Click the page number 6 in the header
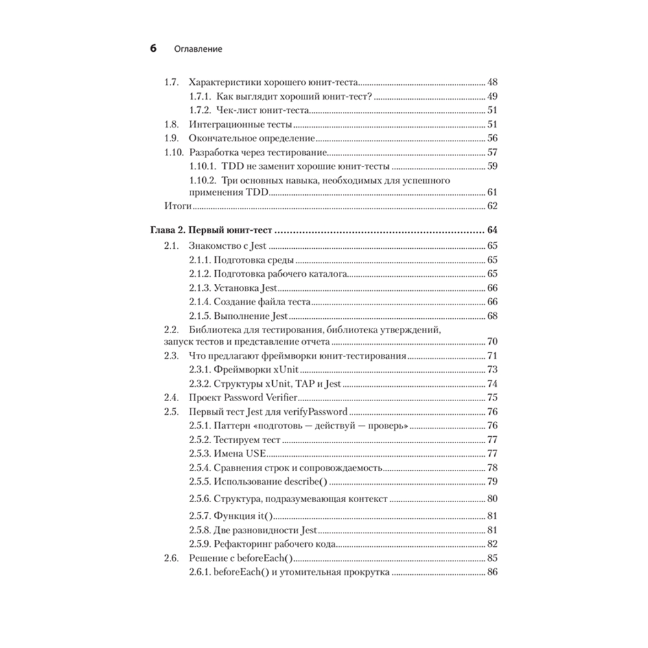(x=154, y=49)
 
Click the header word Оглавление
(x=198, y=49)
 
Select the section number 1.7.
(x=170, y=83)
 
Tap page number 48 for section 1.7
(x=492, y=83)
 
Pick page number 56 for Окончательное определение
(x=492, y=139)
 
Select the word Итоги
(x=176, y=206)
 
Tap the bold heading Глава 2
(x=169, y=231)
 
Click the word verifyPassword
(x=317, y=411)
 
